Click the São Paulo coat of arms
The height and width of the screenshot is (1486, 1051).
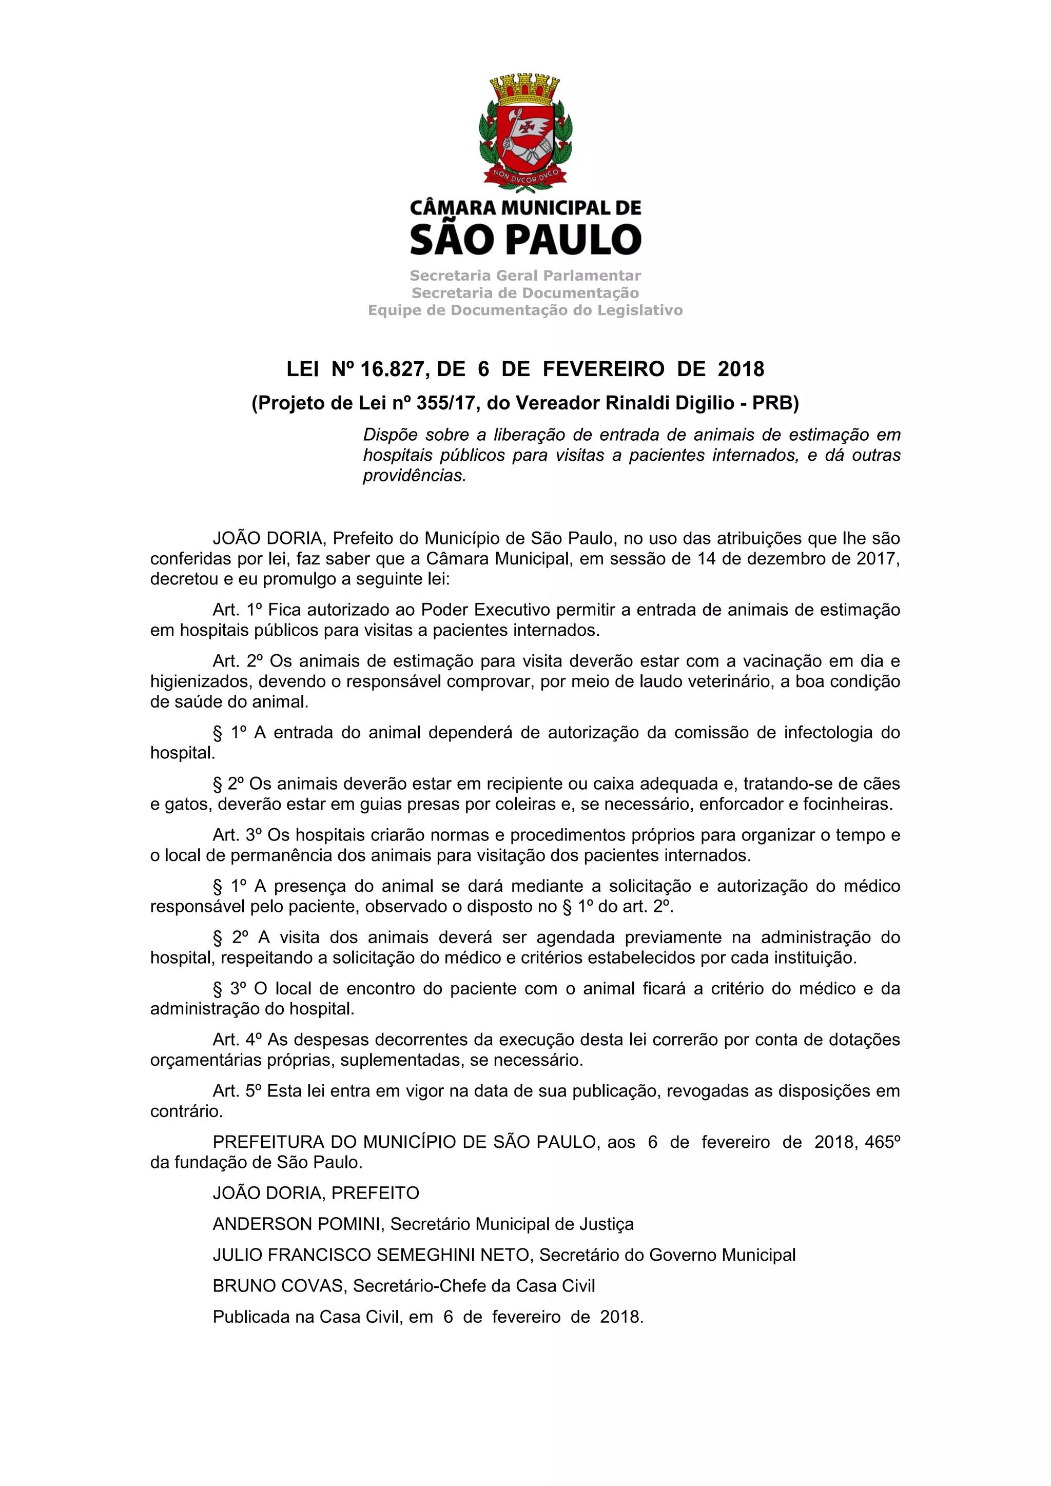click(525, 133)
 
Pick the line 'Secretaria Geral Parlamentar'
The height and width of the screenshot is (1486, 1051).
click(525, 276)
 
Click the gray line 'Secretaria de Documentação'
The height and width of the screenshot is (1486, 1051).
click(525, 293)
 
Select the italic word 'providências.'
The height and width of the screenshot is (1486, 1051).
click(414, 476)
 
